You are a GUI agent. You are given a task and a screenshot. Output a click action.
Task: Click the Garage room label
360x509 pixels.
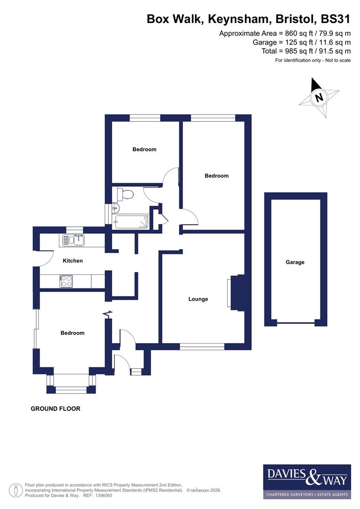[295, 262]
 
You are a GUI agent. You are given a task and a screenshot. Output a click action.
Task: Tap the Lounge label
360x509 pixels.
[198, 299]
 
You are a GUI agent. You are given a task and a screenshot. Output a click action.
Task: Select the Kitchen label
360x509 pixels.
[73, 261]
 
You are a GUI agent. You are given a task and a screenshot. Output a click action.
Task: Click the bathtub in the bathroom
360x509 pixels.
[132, 222]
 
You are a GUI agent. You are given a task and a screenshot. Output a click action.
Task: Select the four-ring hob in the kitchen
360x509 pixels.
[66, 281]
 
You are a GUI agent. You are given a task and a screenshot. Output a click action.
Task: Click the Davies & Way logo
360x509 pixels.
[307, 481]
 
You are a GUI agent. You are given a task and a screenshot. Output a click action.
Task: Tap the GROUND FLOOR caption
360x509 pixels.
[56, 409]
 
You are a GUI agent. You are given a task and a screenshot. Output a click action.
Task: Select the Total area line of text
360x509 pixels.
[306, 51]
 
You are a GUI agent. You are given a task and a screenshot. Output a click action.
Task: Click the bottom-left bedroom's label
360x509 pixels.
[73, 333]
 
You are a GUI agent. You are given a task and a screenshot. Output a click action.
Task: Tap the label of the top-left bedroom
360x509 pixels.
[144, 149]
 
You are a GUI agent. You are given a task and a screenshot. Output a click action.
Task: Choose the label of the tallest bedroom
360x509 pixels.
[216, 176]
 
